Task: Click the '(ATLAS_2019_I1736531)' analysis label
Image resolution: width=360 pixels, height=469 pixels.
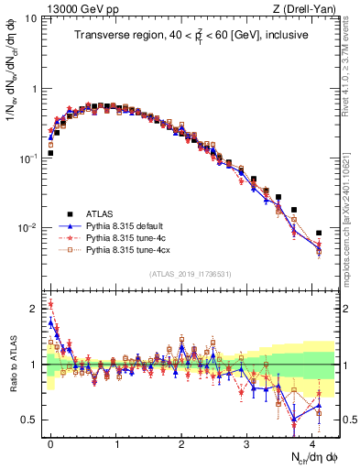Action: coord(191,274)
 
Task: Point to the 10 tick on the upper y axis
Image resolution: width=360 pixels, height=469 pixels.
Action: coord(30,19)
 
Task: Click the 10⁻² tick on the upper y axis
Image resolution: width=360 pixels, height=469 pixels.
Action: coord(28,228)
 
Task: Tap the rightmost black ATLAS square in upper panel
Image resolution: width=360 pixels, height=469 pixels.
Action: coord(319,234)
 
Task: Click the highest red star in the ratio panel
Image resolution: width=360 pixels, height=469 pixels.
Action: coord(50,304)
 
